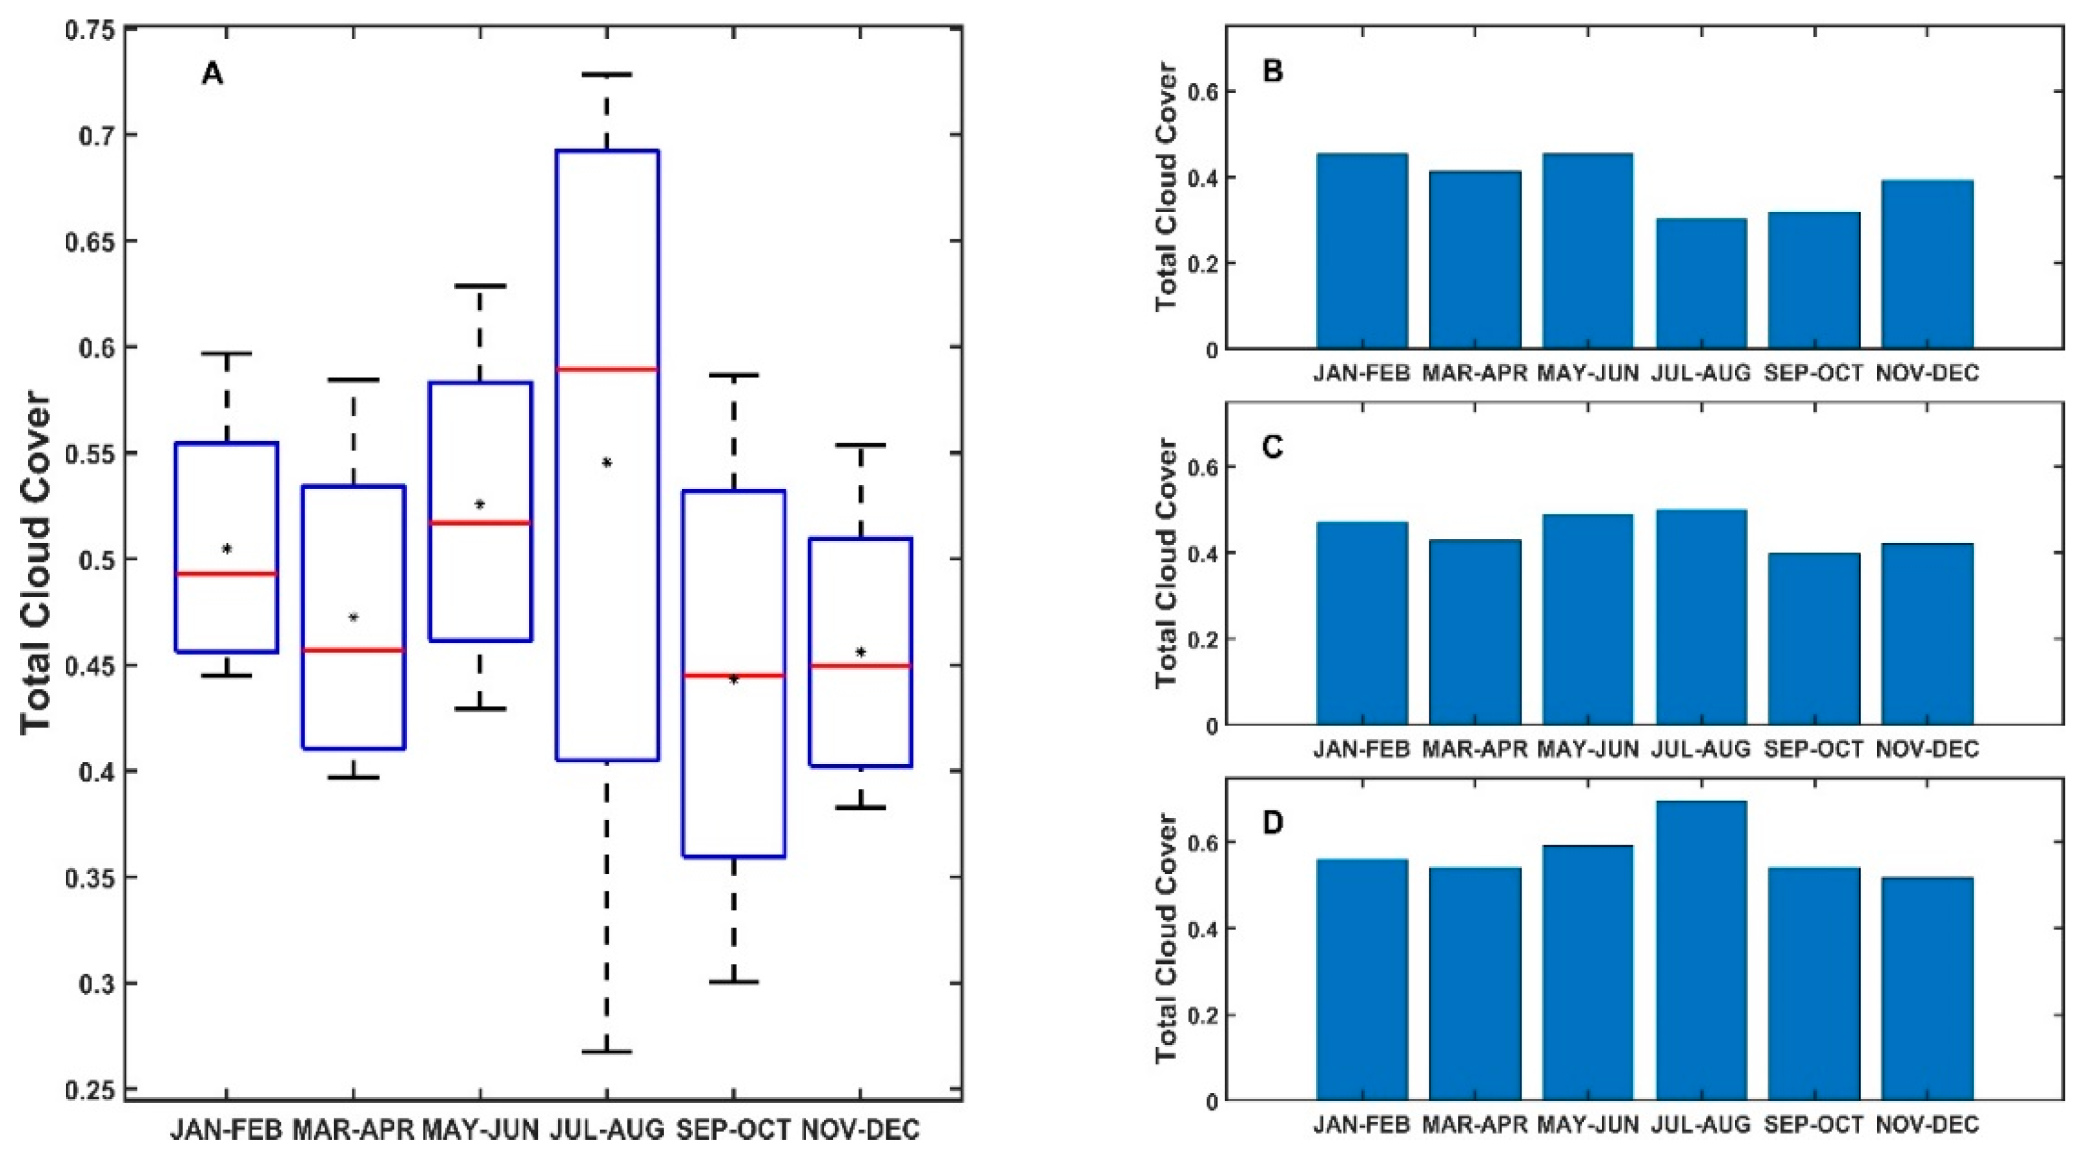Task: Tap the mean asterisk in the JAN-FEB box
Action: [227, 549]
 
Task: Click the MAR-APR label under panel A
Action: [354, 1129]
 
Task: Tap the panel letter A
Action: [212, 74]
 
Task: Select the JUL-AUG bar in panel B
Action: [1701, 283]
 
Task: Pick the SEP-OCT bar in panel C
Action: [1814, 639]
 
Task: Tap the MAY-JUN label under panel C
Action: [1588, 749]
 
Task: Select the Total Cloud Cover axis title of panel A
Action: [36, 564]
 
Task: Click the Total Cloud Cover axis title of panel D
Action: [1165, 938]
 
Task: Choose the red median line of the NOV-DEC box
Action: [861, 666]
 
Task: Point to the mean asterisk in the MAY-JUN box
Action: [480, 504]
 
